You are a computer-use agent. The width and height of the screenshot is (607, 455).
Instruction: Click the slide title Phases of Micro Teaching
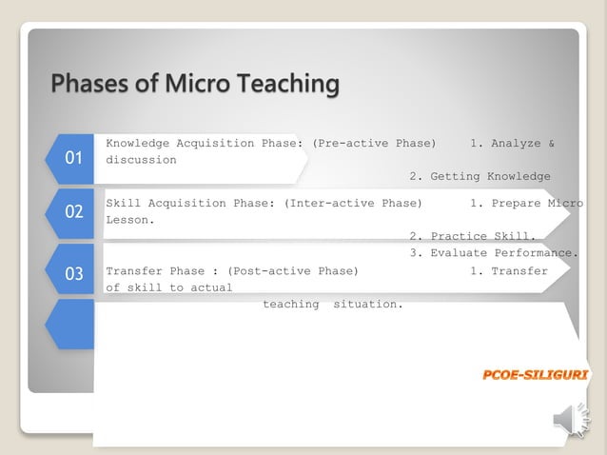point(194,84)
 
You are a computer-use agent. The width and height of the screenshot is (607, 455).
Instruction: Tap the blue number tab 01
point(73,158)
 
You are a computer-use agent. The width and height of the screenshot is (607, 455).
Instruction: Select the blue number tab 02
point(73,212)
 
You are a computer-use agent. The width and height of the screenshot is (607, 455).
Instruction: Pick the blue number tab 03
point(73,274)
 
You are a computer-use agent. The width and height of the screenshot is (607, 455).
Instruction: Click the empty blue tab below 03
point(73,325)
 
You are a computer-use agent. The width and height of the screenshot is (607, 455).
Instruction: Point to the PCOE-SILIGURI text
point(535,375)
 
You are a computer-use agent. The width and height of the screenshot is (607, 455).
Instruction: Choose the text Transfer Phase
point(155,270)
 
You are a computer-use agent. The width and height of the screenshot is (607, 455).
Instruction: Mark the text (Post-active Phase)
point(292,270)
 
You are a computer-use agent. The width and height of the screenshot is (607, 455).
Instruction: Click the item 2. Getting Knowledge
point(480,176)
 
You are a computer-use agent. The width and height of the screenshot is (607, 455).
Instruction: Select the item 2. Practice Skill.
point(473,236)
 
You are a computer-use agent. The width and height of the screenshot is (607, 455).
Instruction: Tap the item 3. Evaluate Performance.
point(494,253)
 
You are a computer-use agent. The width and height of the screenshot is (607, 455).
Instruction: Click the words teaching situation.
point(333,305)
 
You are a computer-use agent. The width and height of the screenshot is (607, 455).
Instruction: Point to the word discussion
point(141,160)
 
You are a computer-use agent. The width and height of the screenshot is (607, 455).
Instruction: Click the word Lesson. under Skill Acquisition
point(130,220)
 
